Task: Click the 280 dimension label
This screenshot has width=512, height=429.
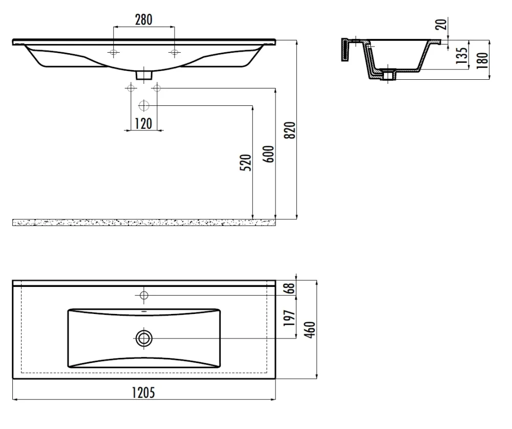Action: click(144, 19)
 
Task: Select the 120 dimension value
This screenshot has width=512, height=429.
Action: click(144, 124)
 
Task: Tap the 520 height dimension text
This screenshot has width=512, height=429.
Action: click(246, 162)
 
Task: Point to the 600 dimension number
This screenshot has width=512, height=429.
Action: click(268, 154)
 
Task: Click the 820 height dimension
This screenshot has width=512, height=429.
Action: click(290, 130)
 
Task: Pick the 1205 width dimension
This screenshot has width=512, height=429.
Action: click(143, 393)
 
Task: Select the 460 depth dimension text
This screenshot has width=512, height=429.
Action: click(310, 330)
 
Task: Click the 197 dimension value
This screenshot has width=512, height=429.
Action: click(290, 318)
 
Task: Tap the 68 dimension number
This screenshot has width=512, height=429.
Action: click(290, 288)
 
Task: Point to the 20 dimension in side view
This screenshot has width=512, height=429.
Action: click(441, 24)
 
